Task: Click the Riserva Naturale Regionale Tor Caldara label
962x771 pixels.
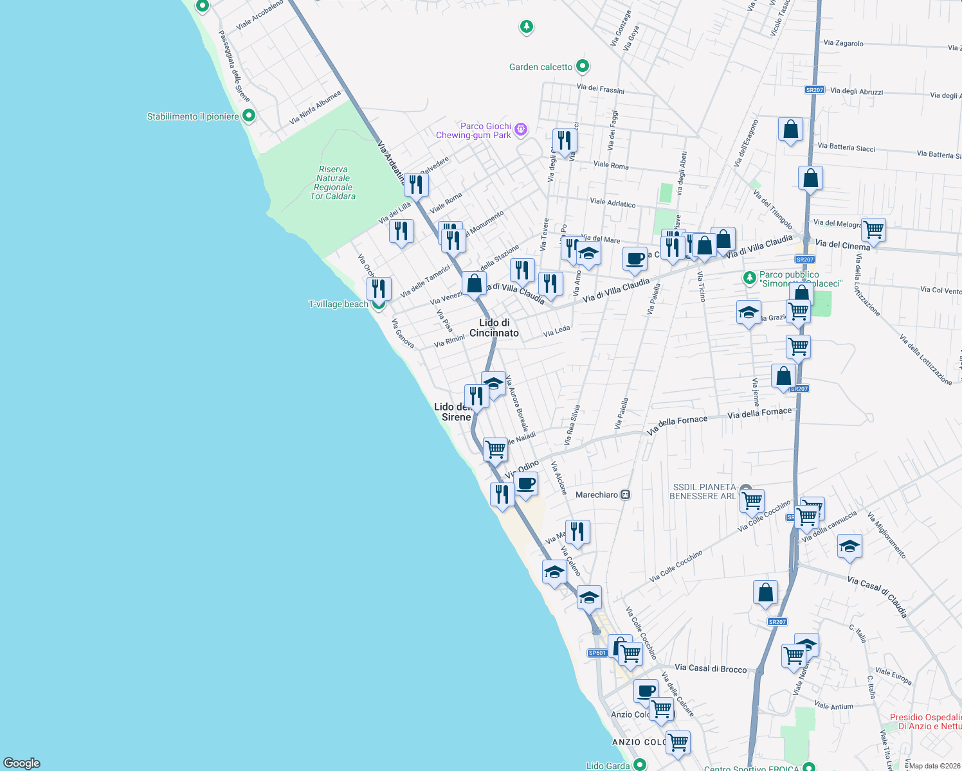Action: coord(332,183)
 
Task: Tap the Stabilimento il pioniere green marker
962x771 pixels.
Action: coord(249,116)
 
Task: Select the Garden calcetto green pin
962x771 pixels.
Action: coord(583,66)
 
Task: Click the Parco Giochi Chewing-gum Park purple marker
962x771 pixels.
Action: coord(521,130)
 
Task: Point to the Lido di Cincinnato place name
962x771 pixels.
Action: coord(494,328)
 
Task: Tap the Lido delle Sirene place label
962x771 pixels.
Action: coord(453,412)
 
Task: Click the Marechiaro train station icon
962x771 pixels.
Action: coord(625,495)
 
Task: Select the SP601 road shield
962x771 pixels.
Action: coord(597,653)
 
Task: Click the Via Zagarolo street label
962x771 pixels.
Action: coord(843,43)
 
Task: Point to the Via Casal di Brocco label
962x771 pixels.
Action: coord(711,668)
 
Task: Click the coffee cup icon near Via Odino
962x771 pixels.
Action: coord(526,483)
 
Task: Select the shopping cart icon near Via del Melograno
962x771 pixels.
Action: coord(873,229)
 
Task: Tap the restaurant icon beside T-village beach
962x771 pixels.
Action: coord(379,288)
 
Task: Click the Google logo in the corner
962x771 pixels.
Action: coord(22,763)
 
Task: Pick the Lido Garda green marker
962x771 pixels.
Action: coord(639,765)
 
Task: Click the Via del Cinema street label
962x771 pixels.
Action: coord(842,245)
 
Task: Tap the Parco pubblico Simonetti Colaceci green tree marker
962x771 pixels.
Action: coord(749,278)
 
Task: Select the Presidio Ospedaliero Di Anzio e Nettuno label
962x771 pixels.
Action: coord(925,722)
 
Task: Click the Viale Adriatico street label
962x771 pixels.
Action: coord(612,202)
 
